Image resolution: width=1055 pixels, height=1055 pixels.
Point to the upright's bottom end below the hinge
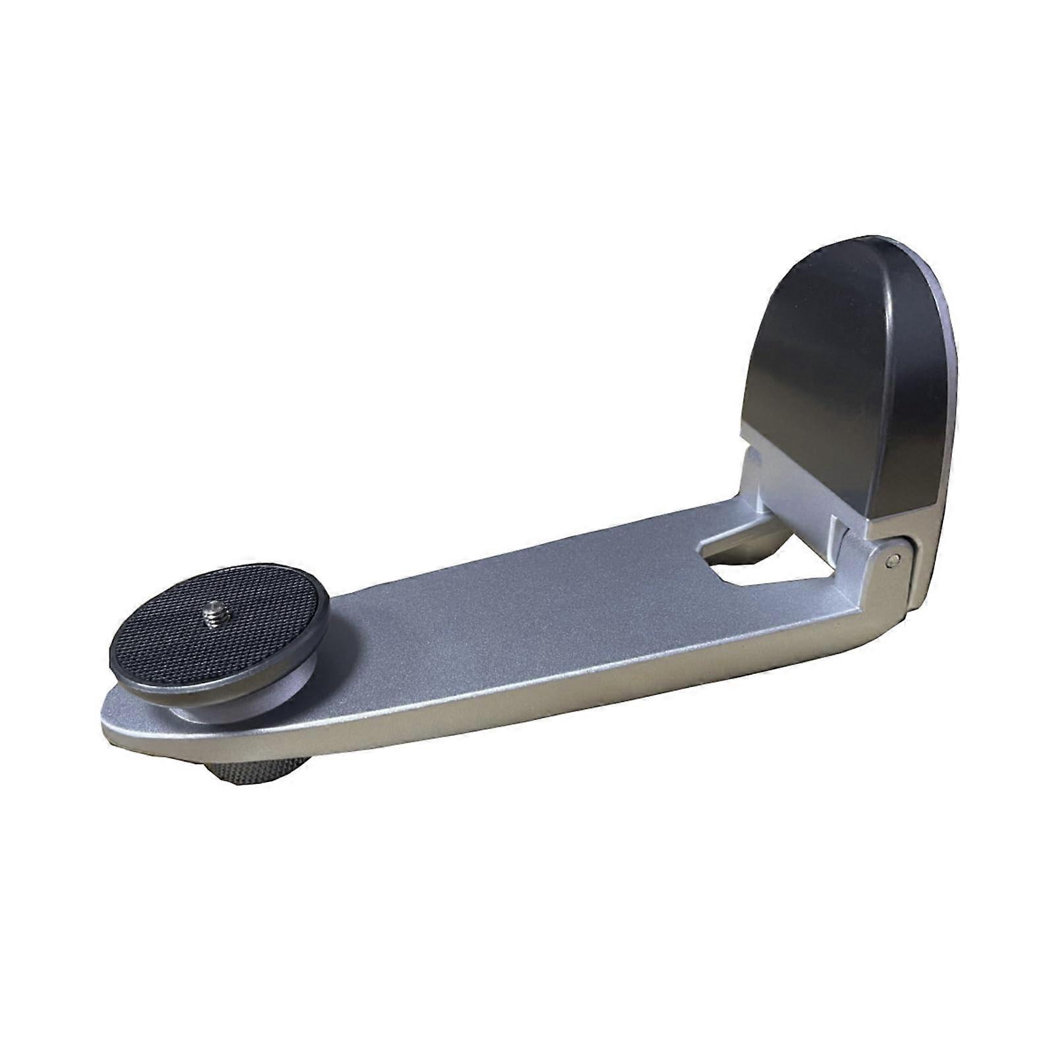click(920, 593)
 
